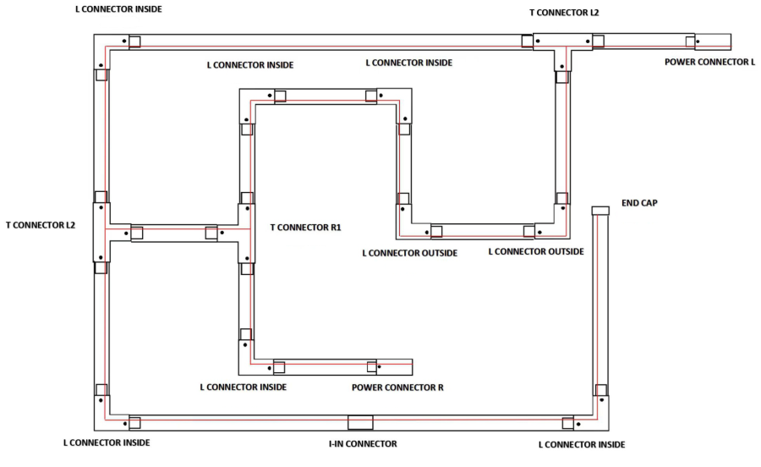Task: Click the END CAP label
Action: [x=639, y=203]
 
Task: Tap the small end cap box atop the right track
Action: [x=600, y=210]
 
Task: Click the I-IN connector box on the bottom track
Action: [x=360, y=421]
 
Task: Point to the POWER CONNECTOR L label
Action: [x=709, y=62]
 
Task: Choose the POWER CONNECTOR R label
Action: [x=397, y=387]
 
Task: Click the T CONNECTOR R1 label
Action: [x=305, y=228]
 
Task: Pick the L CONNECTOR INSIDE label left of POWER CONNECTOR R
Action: [x=243, y=387]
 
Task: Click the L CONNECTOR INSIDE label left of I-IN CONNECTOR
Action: [x=107, y=443]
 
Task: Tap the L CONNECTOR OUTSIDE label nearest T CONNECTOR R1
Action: [x=409, y=254]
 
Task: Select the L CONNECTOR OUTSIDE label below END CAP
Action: [x=536, y=252]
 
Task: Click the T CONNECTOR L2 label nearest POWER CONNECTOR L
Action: [x=564, y=13]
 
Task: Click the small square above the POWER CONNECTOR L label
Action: [x=691, y=41]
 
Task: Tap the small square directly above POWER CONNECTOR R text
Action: [x=371, y=366]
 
